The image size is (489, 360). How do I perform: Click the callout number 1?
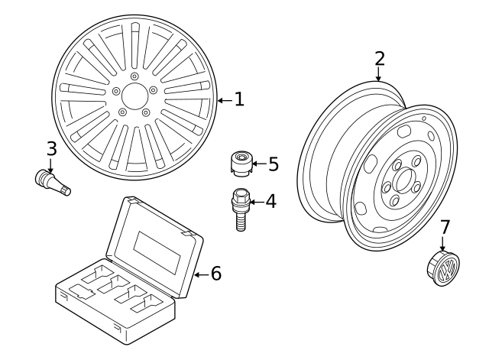[239, 99]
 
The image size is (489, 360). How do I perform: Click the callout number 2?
[379, 58]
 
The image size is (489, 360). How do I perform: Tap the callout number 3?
[51, 148]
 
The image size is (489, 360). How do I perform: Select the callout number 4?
[270, 202]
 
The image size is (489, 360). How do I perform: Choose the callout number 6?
[216, 273]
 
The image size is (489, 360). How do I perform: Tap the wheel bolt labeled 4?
[240, 211]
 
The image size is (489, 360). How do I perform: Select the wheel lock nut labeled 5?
[241, 164]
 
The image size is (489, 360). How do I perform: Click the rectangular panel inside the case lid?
[158, 248]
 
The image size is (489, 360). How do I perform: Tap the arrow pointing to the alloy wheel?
[224, 100]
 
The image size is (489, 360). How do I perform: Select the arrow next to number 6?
[201, 274]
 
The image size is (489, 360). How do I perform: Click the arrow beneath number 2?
[379, 74]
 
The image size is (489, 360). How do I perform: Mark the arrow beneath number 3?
[51, 164]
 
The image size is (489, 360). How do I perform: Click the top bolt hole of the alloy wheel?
[134, 76]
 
